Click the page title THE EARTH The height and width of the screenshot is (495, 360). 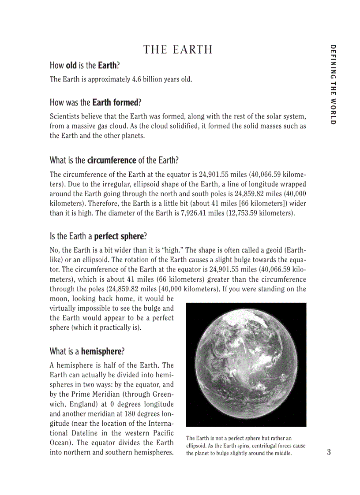pyautogui.click(x=178, y=50)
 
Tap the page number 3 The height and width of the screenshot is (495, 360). pyautogui.click(x=329, y=452)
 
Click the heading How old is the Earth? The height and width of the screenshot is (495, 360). pyautogui.click(x=85, y=66)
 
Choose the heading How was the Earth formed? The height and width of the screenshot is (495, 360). pyautogui.click(x=95, y=103)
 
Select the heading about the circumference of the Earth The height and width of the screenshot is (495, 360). pyautogui.click(x=114, y=160)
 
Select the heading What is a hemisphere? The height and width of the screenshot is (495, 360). pyautogui.click(x=87, y=351)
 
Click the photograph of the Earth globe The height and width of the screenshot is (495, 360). pyautogui.click(x=246, y=365)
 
